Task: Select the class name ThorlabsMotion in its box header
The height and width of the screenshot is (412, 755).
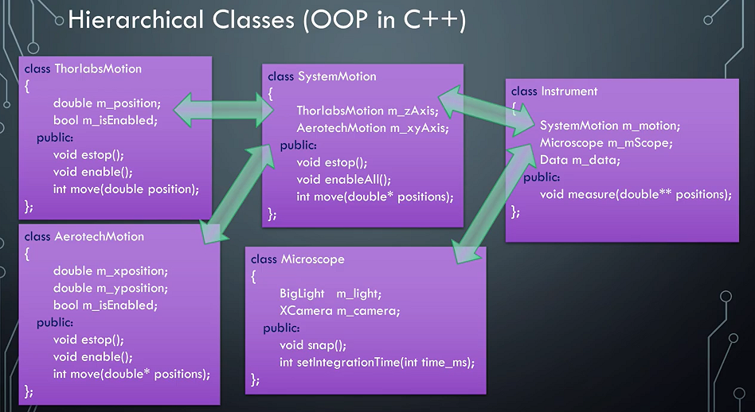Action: (98, 68)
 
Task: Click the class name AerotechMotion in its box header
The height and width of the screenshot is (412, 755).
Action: (100, 237)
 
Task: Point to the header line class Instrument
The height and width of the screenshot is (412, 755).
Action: (554, 91)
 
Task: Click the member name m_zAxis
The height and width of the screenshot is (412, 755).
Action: (401, 111)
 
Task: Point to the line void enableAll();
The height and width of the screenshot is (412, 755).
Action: (343, 180)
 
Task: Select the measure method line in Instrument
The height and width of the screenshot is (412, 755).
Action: (636, 194)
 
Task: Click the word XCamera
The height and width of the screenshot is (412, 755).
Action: (306, 311)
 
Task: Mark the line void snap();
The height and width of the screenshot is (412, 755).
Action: (313, 345)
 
